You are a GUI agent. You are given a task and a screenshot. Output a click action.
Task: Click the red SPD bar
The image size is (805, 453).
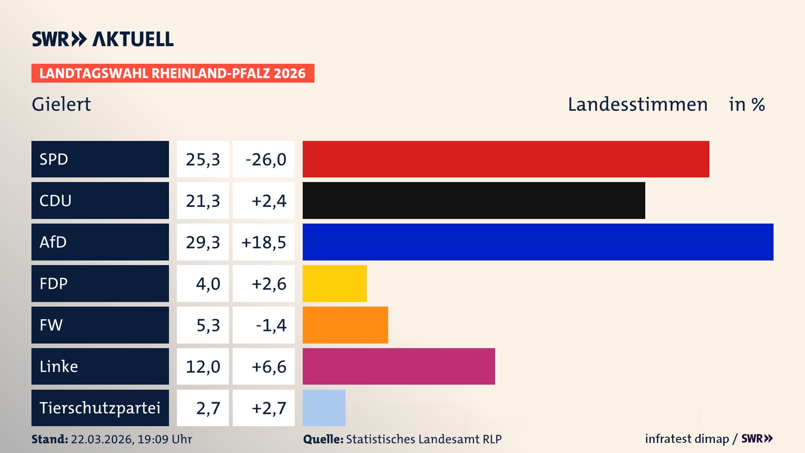click(506, 159)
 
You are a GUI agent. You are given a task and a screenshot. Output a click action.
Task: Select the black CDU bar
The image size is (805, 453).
click(474, 200)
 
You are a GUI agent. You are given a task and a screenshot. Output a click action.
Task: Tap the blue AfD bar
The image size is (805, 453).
click(538, 242)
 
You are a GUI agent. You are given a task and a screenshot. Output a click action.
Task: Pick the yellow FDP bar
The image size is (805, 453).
click(335, 284)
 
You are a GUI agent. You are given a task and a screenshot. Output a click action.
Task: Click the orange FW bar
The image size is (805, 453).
click(345, 325)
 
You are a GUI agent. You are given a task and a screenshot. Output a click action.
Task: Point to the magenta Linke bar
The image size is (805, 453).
click(399, 366)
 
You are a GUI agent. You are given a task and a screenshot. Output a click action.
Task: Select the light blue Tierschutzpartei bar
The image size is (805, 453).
click(324, 408)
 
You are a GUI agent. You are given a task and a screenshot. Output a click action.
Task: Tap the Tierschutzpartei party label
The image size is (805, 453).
click(100, 408)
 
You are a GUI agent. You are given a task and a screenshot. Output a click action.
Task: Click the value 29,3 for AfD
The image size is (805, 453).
click(203, 242)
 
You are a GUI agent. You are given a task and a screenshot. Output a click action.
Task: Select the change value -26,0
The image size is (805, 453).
click(265, 159)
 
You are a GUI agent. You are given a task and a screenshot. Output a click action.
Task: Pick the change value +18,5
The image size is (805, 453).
click(264, 242)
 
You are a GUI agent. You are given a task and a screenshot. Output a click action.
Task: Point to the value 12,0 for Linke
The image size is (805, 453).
click(203, 367)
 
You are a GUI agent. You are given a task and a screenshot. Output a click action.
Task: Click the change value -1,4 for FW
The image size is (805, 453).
click(271, 325)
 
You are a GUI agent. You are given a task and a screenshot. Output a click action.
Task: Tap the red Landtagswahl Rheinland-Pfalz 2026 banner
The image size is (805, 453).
click(173, 73)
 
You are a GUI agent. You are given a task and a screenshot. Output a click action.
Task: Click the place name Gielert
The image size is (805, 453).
click(61, 104)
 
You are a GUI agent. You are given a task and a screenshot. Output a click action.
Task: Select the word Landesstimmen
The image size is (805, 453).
click(637, 104)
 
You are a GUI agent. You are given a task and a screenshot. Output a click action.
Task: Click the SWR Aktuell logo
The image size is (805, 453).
click(103, 39)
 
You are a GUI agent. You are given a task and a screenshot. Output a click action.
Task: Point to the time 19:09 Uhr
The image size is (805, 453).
click(165, 439)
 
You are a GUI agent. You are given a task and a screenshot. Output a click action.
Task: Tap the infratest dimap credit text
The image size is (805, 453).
click(687, 439)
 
